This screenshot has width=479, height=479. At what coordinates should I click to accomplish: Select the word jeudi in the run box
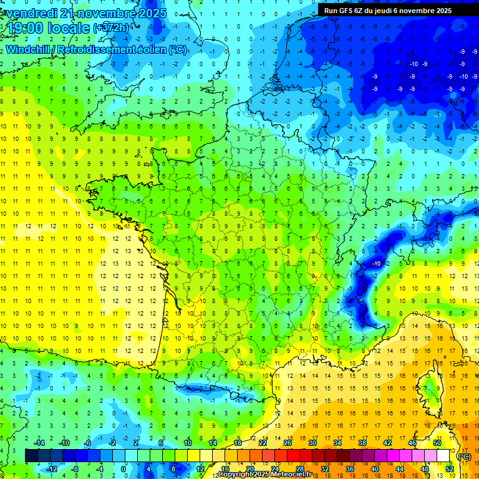pos(397,11)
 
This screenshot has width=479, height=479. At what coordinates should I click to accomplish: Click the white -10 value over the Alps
pos(376,264)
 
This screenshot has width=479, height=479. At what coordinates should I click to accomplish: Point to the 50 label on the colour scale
pos(437,442)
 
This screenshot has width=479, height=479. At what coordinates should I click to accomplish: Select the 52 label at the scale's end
pos(449,468)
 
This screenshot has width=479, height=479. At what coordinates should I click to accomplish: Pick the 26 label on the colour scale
pos(288,442)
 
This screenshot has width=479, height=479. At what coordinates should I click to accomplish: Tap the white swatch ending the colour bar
pos(443,455)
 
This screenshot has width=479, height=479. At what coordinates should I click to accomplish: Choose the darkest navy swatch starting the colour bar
pos(31,455)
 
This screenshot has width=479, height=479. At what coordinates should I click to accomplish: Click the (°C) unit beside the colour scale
pos(464,456)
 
